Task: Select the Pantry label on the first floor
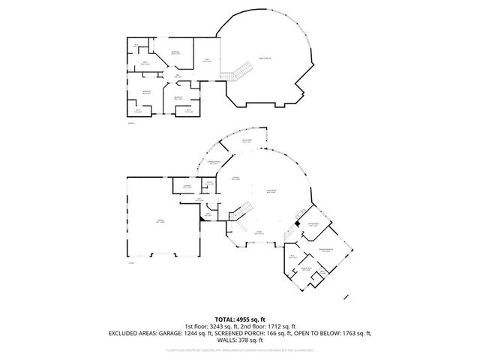(209, 182)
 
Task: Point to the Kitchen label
(235, 178)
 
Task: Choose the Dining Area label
(246, 141)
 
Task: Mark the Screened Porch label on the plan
(214, 163)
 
